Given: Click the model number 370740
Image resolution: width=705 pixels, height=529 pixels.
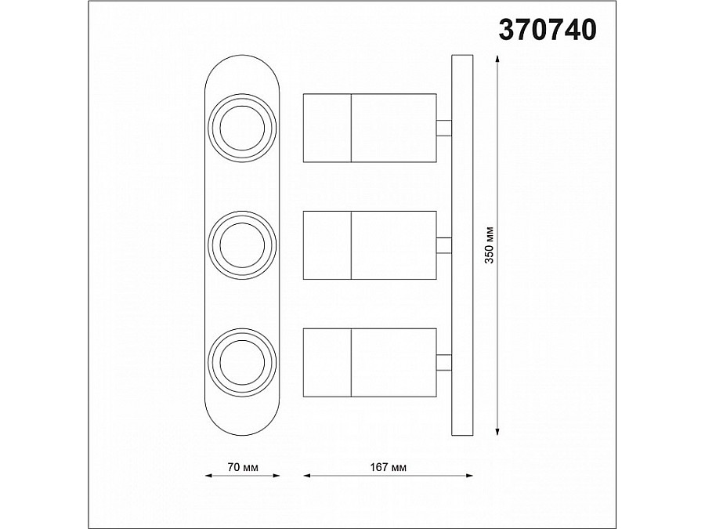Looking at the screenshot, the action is pyautogui.click(x=548, y=30).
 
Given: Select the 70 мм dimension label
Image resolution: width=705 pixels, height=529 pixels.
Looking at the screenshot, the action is pyautogui.click(x=243, y=467).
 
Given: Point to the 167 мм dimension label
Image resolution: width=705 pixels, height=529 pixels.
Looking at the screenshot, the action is pyautogui.click(x=388, y=467).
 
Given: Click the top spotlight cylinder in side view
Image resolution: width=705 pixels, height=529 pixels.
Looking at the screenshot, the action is pyautogui.click(x=370, y=128).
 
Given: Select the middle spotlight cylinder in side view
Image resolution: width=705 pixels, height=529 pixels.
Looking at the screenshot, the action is pyautogui.click(x=370, y=245).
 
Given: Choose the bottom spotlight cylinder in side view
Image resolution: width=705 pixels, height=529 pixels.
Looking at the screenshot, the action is pyautogui.click(x=370, y=363).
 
